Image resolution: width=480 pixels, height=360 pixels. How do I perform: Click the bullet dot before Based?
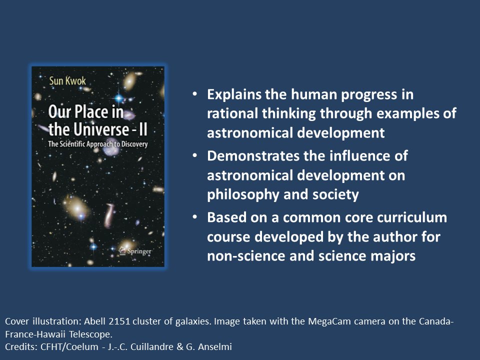(x=195, y=218)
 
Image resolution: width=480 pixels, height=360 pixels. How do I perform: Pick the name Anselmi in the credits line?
(x=219, y=345)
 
